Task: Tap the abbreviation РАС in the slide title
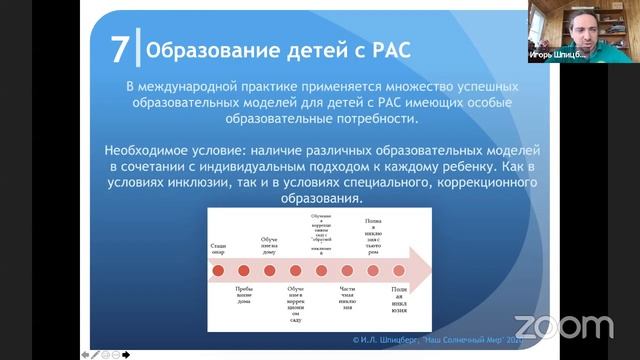[x=385, y=49]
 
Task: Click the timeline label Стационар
[x=218, y=248]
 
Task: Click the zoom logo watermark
[x=564, y=326]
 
